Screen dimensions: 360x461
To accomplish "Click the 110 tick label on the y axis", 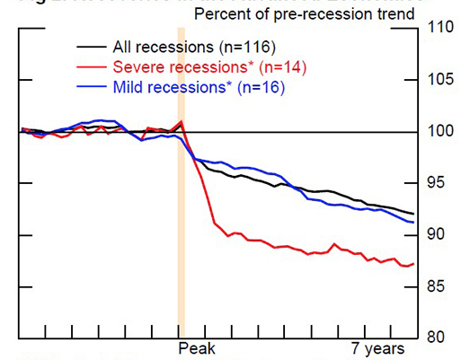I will coord(441,27).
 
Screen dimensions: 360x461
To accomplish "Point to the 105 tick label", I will coord(441,79).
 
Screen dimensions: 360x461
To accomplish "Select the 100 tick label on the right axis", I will coord(441,131).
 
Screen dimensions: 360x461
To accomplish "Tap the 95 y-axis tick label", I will coord(438,183).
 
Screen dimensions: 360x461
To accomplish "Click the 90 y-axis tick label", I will coord(438,235).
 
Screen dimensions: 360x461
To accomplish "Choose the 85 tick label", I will coord(438,287).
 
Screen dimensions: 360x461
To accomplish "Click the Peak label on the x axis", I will coord(195,347).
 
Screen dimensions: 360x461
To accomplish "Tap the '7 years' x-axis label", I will coord(378,347).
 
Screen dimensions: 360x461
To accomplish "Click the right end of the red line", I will coord(413,264).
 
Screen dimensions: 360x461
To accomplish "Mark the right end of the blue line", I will coord(413,222).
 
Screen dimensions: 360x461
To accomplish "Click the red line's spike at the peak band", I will coord(182,121).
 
